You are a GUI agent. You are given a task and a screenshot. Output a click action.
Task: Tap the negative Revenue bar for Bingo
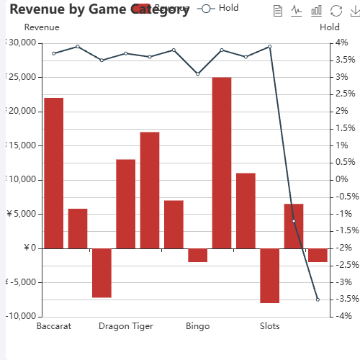tap(198, 255)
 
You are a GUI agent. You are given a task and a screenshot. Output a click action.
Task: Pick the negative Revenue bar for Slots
tap(270, 276)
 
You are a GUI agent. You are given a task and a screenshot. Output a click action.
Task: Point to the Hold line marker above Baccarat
tap(54, 53)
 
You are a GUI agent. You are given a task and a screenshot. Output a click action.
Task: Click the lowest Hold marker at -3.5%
tap(318, 300)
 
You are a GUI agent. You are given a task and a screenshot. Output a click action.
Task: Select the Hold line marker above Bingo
tap(198, 73)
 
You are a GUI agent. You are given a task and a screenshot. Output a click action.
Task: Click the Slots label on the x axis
tap(270, 326)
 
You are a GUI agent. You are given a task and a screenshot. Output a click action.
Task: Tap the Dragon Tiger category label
tap(126, 326)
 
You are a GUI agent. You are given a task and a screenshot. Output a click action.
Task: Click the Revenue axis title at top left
tap(42, 27)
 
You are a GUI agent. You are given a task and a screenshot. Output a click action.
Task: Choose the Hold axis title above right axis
tap(330, 27)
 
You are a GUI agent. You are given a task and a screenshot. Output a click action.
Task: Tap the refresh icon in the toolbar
tap(336, 11)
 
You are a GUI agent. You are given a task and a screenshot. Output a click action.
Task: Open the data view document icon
tap(279, 11)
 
